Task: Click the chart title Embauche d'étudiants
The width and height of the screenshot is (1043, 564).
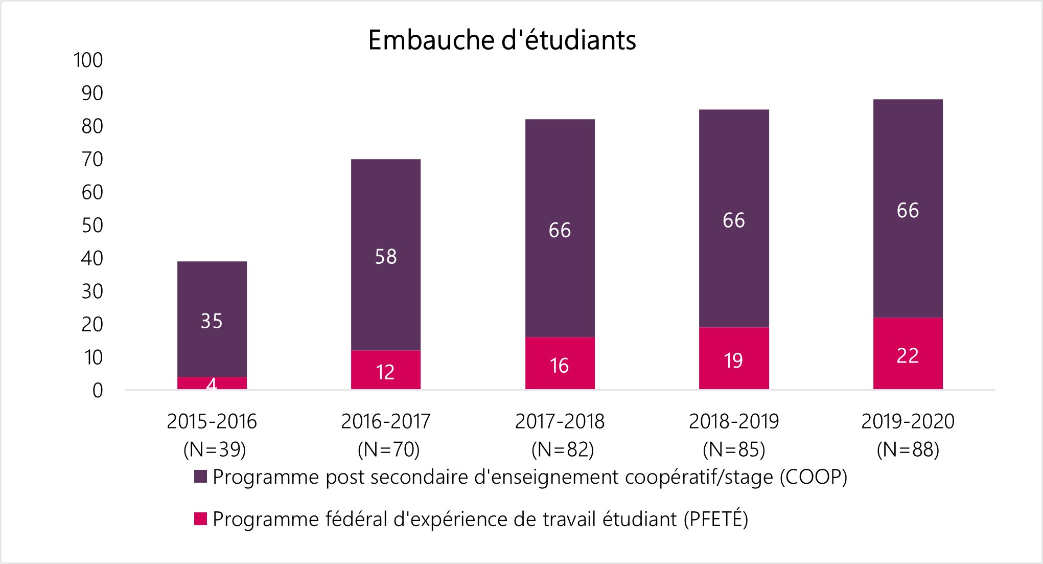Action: point(502,41)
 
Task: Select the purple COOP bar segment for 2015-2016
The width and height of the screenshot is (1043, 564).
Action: point(212,297)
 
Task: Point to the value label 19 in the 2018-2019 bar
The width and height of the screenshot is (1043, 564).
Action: point(733,361)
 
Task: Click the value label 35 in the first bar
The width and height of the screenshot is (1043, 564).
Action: point(212,321)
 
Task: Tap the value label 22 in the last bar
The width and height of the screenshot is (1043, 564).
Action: point(908,356)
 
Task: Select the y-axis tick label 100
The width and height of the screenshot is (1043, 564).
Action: point(88,60)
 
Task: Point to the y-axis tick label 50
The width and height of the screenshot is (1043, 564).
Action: point(92,225)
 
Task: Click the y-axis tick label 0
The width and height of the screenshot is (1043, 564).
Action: point(98,391)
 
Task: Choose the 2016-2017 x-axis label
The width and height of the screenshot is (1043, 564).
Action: point(386,421)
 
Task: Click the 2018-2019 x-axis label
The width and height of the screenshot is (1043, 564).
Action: point(733,421)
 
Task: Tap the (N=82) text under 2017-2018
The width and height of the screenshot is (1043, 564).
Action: point(562,449)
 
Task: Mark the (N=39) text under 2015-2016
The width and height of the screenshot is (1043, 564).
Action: point(215,449)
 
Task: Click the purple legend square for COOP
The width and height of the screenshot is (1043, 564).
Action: point(200,477)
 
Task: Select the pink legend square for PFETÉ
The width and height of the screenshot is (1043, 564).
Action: point(200,519)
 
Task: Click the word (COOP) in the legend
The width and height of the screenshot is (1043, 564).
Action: point(813,477)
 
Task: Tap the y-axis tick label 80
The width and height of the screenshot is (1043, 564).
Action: point(92,126)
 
